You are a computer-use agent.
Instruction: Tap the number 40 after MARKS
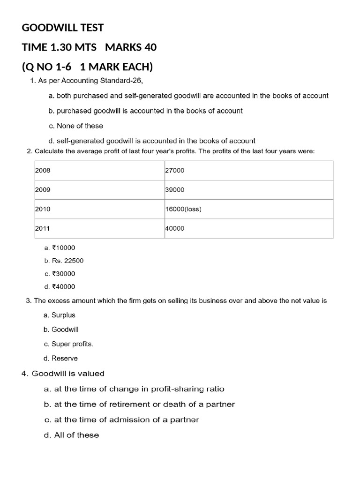click(150, 47)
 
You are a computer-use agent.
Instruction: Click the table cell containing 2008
click(99, 171)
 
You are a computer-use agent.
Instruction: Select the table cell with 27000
click(248, 171)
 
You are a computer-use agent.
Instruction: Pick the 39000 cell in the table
click(248, 190)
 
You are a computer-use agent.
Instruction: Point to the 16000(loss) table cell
click(248, 209)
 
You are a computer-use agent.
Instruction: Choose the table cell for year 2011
click(99, 228)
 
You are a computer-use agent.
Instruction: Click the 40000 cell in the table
click(248, 228)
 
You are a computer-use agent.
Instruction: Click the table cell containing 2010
click(99, 209)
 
